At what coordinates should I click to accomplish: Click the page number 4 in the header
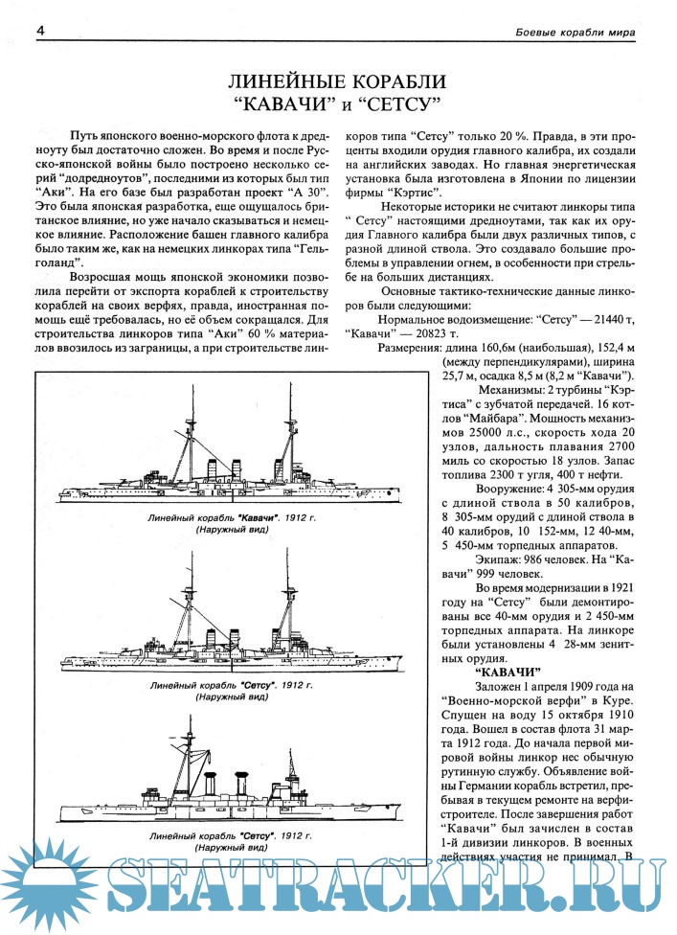pyautogui.click(x=41, y=32)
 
